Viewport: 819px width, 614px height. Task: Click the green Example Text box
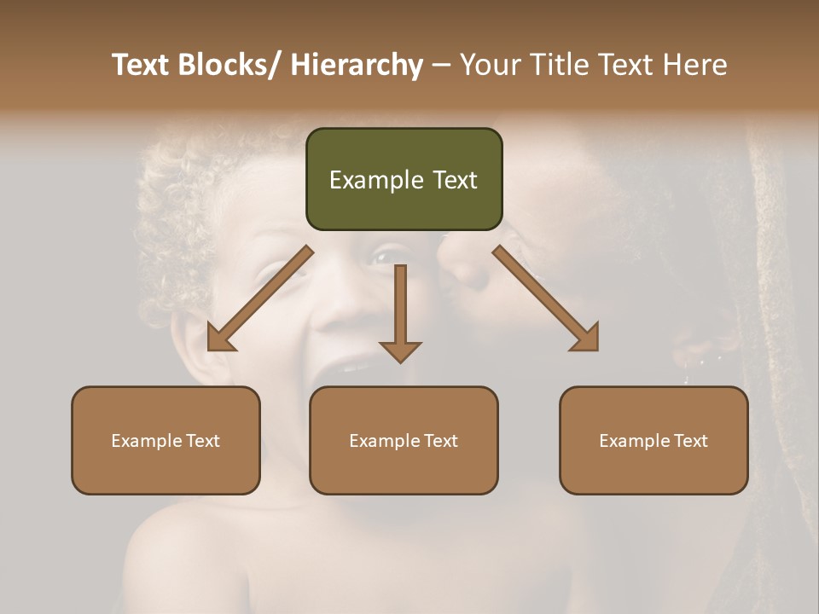pyautogui.click(x=404, y=179)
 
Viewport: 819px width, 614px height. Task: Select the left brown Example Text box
pyautogui.click(x=166, y=440)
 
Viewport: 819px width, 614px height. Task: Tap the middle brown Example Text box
pyautogui.click(x=404, y=440)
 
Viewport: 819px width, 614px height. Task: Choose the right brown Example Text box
pyautogui.click(x=653, y=440)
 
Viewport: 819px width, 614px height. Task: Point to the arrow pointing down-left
pyautogui.click(x=260, y=298)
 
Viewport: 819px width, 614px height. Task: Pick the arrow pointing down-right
pyautogui.click(x=545, y=298)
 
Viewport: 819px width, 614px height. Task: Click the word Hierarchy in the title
pyautogui.click(x=357, y=65)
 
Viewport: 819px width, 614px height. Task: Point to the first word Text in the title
pyautogui.click(x=141, y=65)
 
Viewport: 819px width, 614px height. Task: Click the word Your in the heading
pyautogui.click(x=489, y=65)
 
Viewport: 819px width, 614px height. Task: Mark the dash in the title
pyautogui.click(x=441, y=65)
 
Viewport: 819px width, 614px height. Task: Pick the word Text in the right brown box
pyautogui.click(x=689, y=441)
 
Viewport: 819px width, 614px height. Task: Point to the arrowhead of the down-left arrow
pyautogui.click(x=220, y=338)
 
